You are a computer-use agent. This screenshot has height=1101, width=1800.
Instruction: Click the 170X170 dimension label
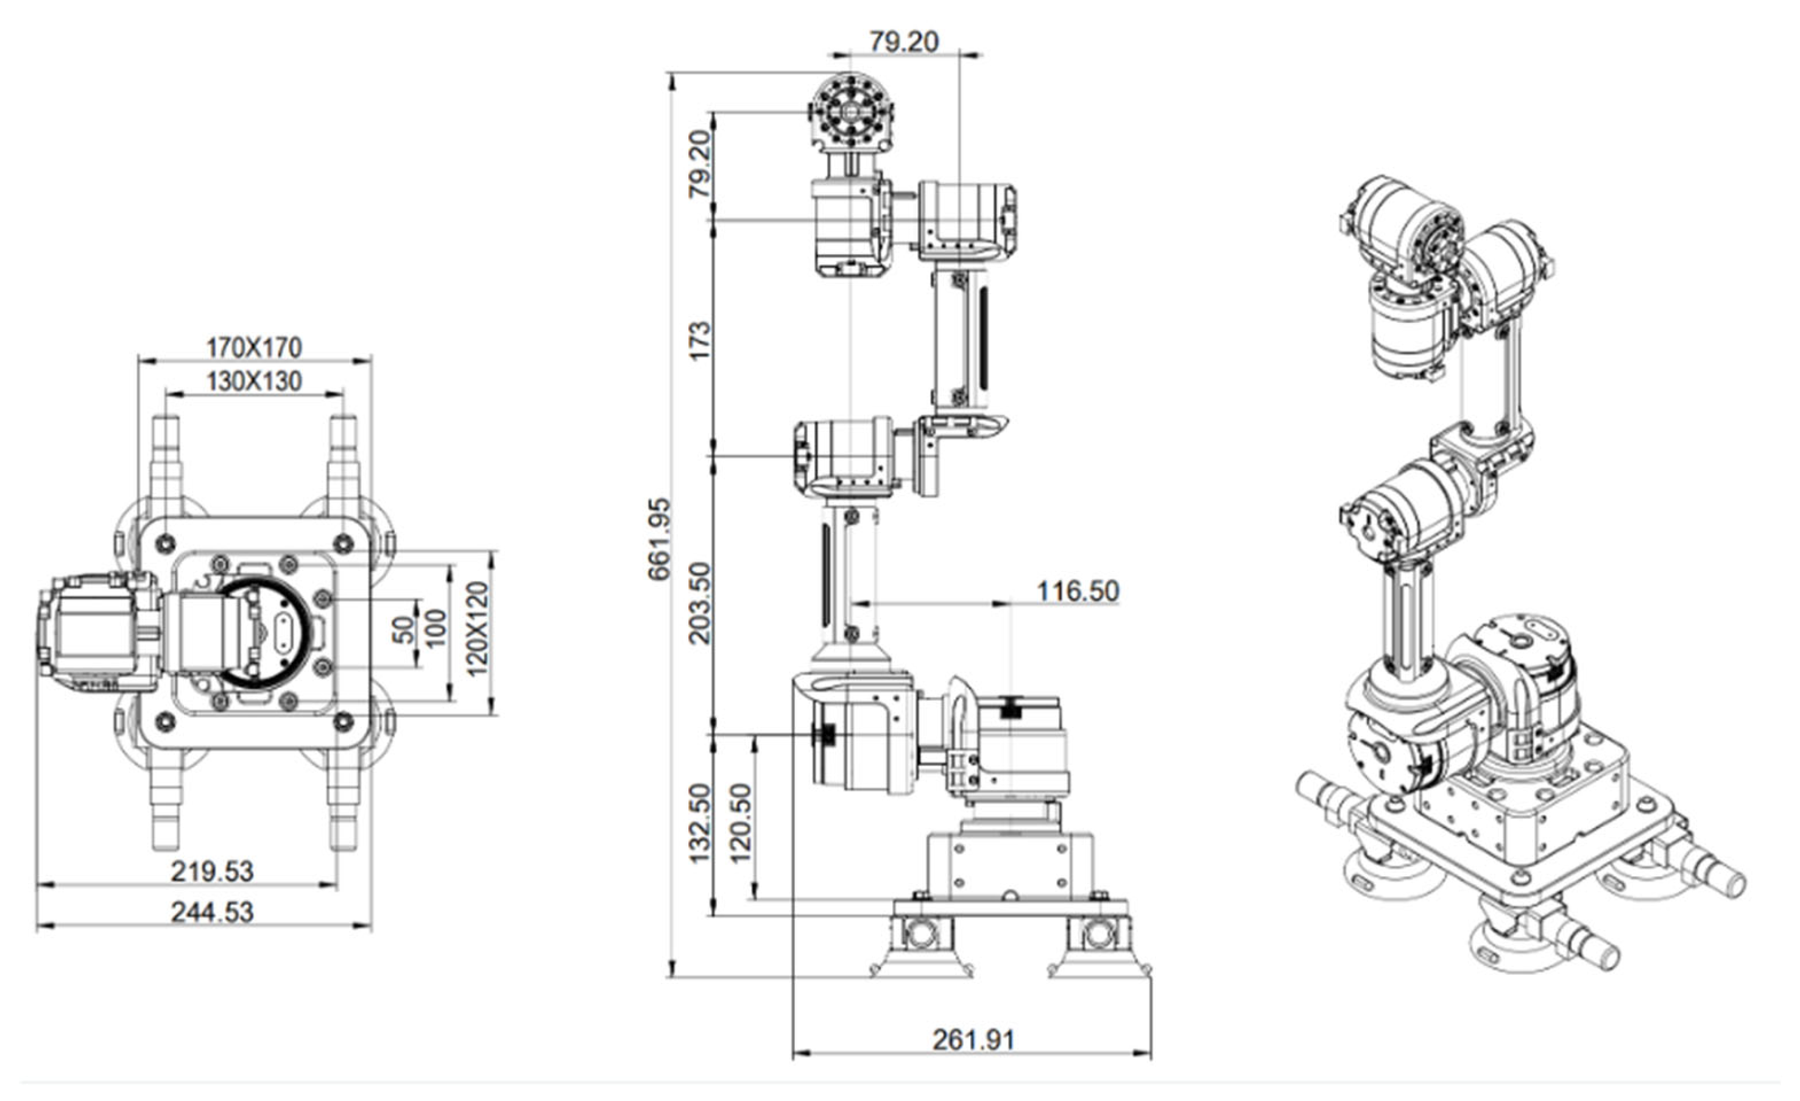pos(253,347)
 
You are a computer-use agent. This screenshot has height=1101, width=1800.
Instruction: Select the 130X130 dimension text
pos(253,381)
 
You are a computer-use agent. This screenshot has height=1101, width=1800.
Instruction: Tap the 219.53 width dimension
pos(212,871)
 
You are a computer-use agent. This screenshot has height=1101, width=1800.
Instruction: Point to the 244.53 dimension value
pos(212,912)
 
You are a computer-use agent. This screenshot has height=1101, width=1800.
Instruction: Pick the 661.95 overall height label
pos(660,539)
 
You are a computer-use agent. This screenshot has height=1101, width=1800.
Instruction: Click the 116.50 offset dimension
pos(1078,591)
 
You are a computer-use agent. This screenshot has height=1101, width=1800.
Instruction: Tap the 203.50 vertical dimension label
pos(700,603)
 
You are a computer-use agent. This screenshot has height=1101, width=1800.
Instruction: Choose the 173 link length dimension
pos(700,341)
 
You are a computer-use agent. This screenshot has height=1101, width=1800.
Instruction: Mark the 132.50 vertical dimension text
pos(700,823)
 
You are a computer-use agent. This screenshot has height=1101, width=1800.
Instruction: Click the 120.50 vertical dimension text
pos(741,823)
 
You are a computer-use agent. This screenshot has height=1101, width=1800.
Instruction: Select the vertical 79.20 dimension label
pos(700,164)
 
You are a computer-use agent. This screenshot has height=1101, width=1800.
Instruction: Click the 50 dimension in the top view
pos(403,630)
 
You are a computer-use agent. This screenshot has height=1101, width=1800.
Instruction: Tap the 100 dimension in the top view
pos(436,629)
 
